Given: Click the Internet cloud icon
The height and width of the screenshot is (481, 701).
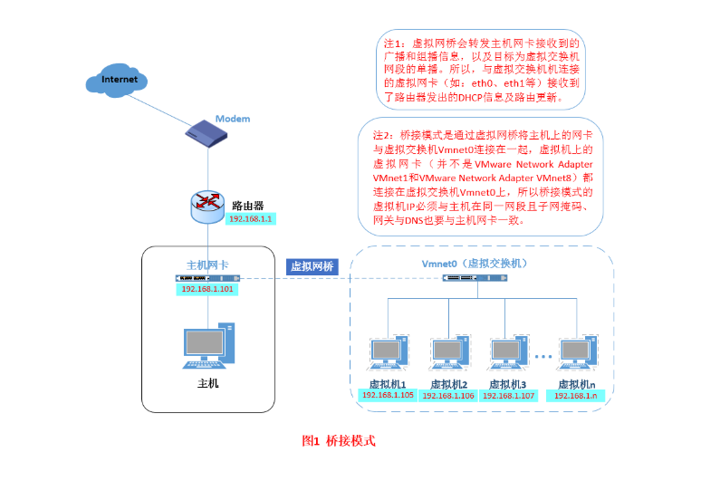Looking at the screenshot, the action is click(117, 80).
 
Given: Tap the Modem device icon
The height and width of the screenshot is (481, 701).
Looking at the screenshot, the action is click(206, 133).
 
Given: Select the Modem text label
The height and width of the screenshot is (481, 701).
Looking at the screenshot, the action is click(233, 119).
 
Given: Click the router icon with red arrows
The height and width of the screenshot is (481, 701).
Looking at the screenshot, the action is click(207, 207).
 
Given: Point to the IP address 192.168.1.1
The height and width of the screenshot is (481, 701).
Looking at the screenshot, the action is click(250, 219).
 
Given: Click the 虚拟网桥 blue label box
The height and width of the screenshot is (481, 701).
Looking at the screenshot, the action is click(312, 267).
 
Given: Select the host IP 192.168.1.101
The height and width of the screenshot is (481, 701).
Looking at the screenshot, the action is click(207, 289).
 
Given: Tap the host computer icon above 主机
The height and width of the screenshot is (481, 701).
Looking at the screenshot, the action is click(209, 346).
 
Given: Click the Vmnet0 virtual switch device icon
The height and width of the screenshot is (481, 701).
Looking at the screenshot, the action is click(475, 278).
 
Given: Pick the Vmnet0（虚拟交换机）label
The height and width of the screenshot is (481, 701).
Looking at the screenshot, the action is click(475, 264).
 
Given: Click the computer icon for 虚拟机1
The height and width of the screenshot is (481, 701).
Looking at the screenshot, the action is click(388, 352).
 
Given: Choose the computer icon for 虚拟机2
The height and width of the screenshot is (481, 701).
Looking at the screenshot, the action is click(449, 352).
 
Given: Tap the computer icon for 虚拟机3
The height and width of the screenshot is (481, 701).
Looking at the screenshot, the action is click(508, 352).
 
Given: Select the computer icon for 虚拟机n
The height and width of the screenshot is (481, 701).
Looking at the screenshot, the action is click(577, 352).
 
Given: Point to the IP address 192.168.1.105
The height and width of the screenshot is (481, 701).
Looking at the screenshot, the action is click(388, 395).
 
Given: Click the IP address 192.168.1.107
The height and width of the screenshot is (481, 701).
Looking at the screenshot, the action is click(508, 396).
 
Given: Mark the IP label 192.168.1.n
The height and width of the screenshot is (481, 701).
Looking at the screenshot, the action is click(575, 396).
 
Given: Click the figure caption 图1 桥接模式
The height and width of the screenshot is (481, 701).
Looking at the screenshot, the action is click(339, 441).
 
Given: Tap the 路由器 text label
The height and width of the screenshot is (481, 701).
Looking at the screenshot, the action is click(247, 206).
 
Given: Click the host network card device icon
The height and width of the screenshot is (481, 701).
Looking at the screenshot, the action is click(207, 278).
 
